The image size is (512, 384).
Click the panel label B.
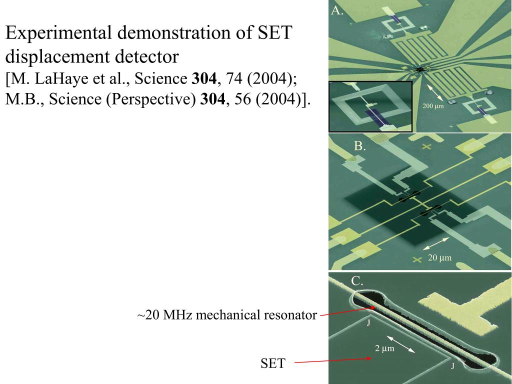coord(360,146)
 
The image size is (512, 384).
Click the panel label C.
coord(357,281)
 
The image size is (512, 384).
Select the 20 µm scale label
coord(439,258)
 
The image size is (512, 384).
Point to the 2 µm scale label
coord(385,348)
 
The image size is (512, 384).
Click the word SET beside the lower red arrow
coord(272,363)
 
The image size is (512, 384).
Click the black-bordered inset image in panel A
coord(370,106)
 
